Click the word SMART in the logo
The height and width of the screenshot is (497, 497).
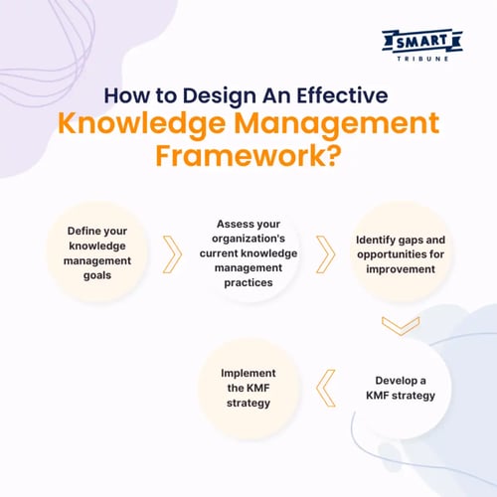pos(421,42)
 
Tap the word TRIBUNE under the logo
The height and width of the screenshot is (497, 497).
pos(422,59)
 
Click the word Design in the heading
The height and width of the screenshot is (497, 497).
pos(220,96)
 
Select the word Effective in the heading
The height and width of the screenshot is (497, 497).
pos(342,95)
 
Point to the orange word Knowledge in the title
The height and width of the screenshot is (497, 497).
pos(141,123)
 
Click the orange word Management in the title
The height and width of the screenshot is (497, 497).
pos(336,123)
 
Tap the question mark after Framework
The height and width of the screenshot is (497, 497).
pos(335,155)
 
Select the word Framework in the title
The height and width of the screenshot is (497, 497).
pos(242,156)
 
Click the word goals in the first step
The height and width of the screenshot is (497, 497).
pos(97,275)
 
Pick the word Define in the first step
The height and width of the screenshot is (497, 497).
pos(81,231)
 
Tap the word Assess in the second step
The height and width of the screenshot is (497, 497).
pos(232,224)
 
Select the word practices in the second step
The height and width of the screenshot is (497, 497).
pos(248,283)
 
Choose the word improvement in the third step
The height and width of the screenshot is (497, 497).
pos(401,269)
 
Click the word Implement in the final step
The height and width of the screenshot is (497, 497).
pos(248,374)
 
